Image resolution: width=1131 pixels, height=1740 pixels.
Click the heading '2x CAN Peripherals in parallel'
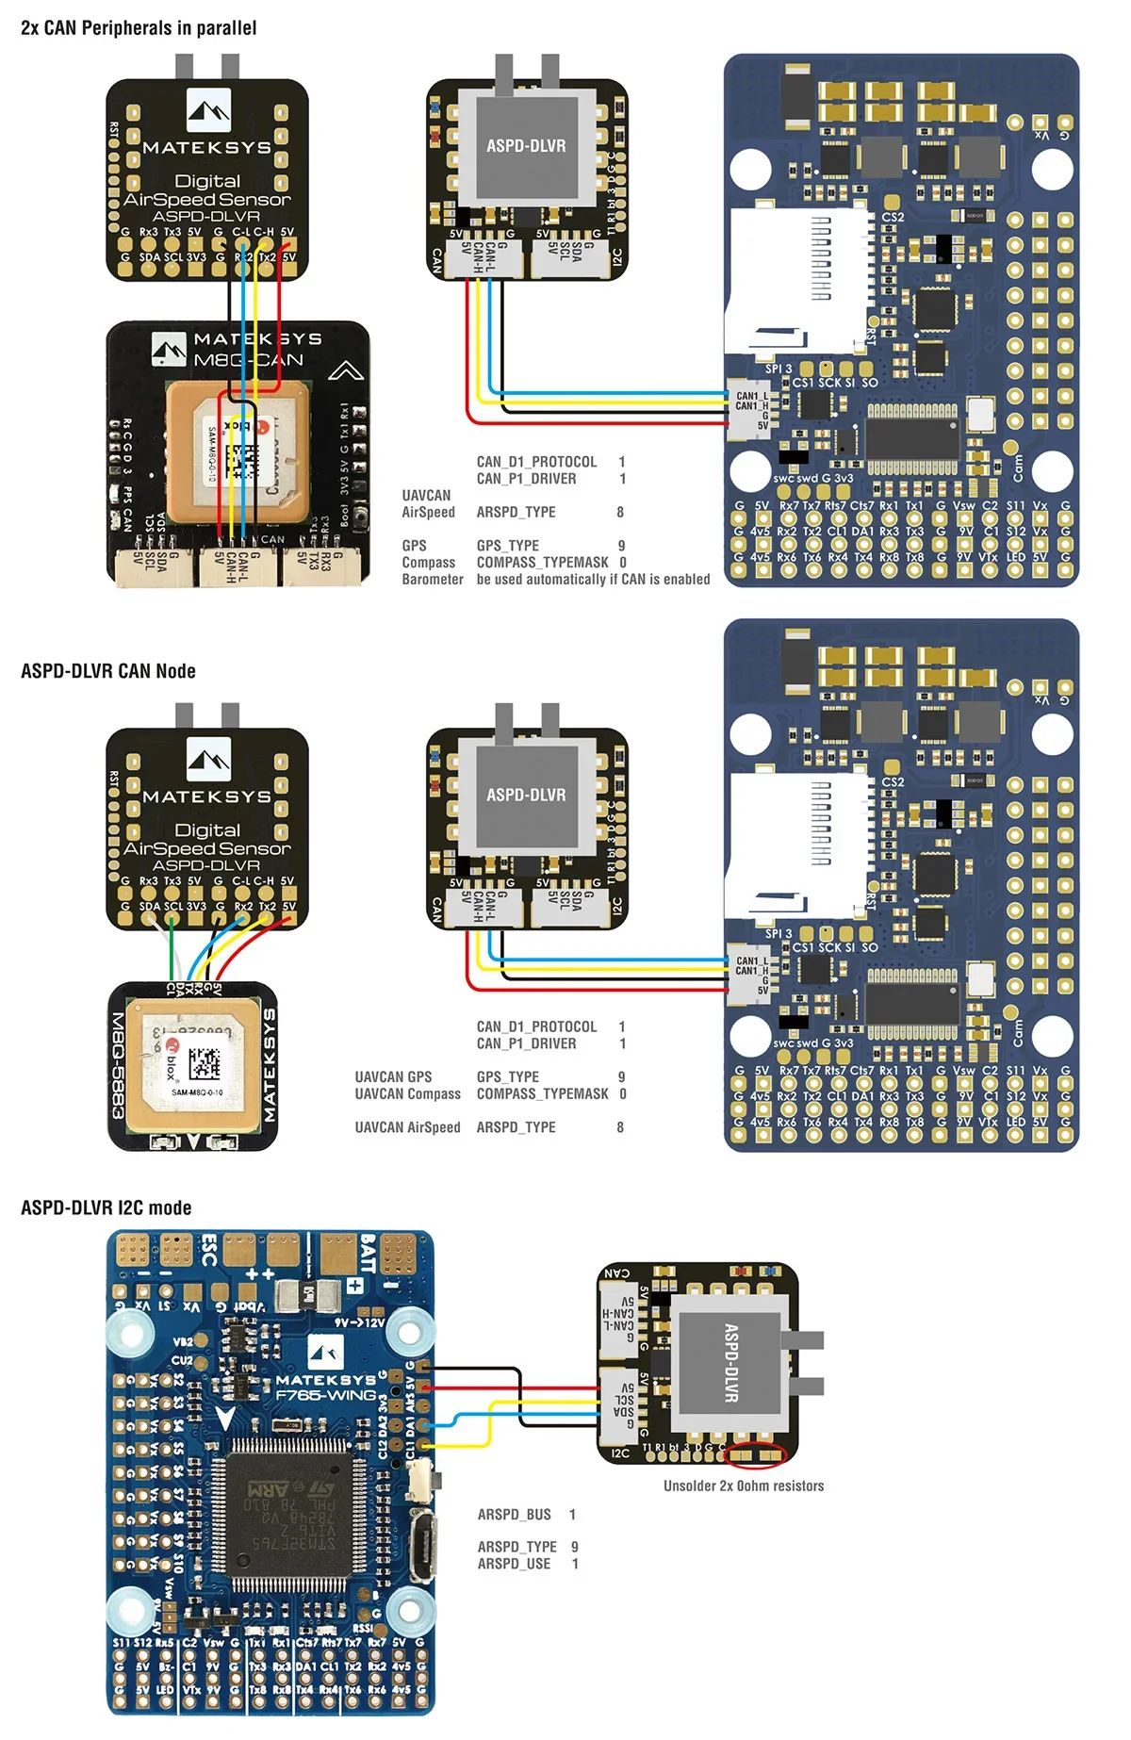pos(139,28)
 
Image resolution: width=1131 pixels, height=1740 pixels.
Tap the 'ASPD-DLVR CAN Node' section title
pos(108,671)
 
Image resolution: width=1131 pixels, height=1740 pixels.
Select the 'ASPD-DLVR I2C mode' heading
pos(107,1208)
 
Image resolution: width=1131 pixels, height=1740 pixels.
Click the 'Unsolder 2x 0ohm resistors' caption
pos(744,1486)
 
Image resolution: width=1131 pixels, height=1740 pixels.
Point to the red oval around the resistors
pos(754,1455)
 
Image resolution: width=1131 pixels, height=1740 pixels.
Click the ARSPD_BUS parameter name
pos(514,1515)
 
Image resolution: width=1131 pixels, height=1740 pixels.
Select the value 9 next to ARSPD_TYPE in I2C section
pos(575,1547)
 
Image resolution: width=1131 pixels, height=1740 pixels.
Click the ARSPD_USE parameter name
pos(514,1564)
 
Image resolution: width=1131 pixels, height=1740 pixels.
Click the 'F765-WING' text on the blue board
pos(325,1395)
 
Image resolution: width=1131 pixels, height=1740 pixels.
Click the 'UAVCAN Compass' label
pos(407,1094)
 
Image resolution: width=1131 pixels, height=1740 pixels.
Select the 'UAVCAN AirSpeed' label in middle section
pos(407,1127)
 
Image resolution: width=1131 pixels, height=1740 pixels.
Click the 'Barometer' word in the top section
pos(433,580)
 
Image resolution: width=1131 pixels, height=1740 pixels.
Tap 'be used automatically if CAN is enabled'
pos(593,580)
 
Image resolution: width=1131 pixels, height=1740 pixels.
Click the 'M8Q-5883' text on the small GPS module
pos(120,1066)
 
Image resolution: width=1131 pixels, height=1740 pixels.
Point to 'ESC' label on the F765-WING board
pos(209,1250)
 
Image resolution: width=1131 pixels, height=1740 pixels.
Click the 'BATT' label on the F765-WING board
pos(369,1254)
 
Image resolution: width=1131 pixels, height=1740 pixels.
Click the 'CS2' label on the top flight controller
pos(893,217)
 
